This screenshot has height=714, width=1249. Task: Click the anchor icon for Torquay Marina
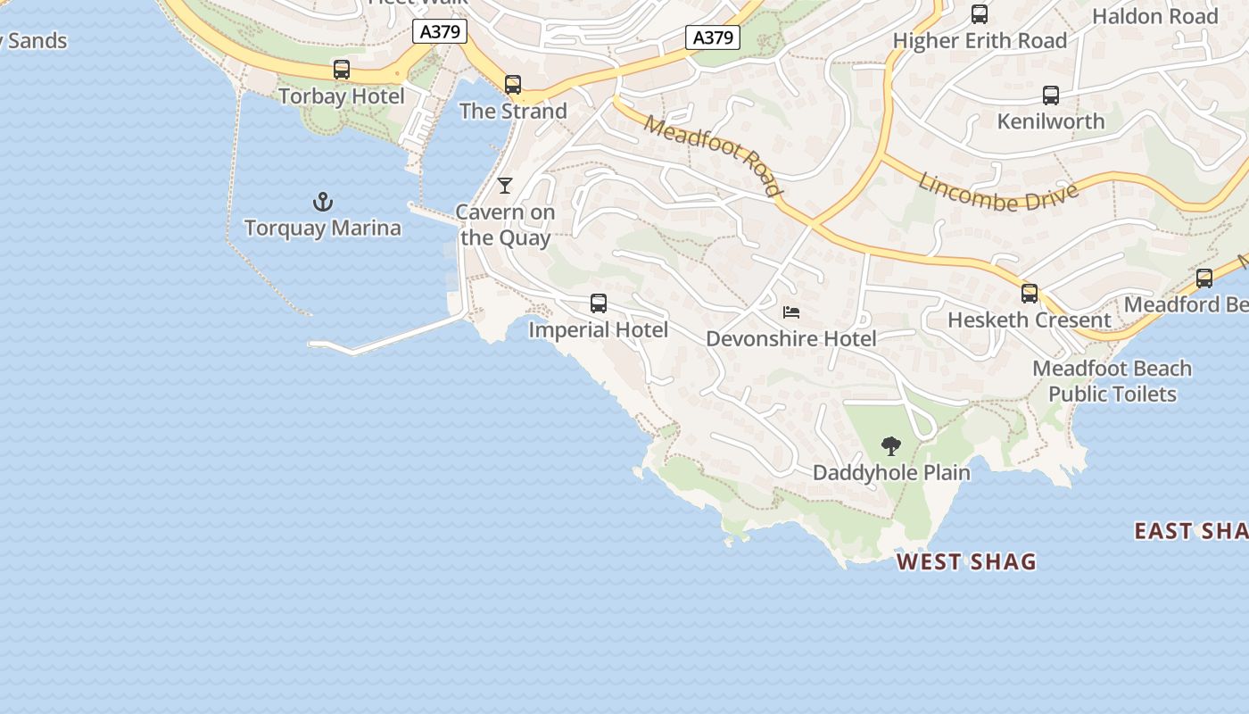pos(323,202)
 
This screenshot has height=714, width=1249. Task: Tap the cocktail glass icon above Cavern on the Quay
pos(505,186)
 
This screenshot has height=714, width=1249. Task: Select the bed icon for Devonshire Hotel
pos(790,312)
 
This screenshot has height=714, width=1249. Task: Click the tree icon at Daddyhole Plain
pos(890,446)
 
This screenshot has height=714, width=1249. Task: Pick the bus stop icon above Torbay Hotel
pos(341,70)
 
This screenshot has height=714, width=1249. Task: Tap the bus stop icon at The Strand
pos(513,85)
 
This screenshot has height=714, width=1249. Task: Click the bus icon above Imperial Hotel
pos(599,303)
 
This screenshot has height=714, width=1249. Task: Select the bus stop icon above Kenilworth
pos(1051,95)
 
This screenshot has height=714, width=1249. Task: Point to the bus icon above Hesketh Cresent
pos(1030,293)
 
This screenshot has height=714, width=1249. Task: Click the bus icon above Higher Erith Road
pos(980,14)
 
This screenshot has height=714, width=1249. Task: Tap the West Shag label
pos(966,561)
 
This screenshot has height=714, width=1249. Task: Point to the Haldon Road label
pos(1154,17)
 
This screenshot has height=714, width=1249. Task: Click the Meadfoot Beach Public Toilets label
pos(1112,381)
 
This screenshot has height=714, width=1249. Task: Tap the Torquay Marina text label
pos(323,228)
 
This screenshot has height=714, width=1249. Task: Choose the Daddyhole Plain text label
pos(891,472)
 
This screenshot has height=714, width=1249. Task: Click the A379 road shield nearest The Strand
pos(441,32)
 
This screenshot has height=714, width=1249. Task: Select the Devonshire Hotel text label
pos(791,339)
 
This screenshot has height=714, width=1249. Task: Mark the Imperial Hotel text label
pos(598,330)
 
